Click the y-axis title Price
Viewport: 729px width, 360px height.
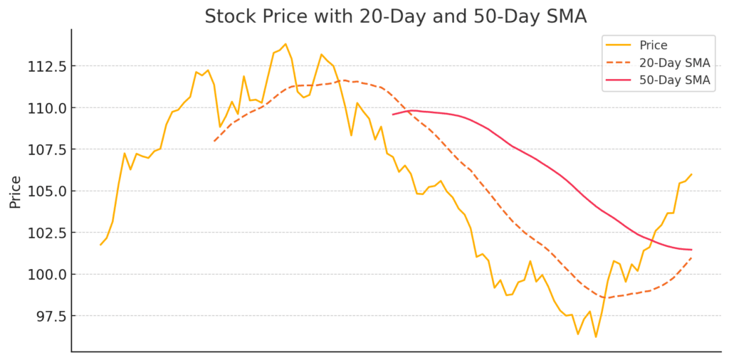click(x=15, y=192)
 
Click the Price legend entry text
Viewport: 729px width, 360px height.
click(x=654, y=46)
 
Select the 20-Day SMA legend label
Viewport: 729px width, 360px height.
click(x=675, y=63)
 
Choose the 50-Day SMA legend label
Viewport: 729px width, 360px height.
click(x=675, y=80)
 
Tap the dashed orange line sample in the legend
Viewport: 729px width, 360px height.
click(x=618, y=63)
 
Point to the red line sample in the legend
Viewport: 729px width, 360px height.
click(x=618, y=80)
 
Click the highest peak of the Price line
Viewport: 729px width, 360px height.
click(x=285, y=43)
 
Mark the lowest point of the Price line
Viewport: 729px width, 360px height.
click(x=596, y=337)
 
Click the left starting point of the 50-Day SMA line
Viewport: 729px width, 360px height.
click(x=392, y=115)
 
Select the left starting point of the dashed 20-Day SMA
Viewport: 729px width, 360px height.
click(x=214, y=141)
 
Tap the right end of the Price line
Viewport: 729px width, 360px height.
click(x=691, y=174)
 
